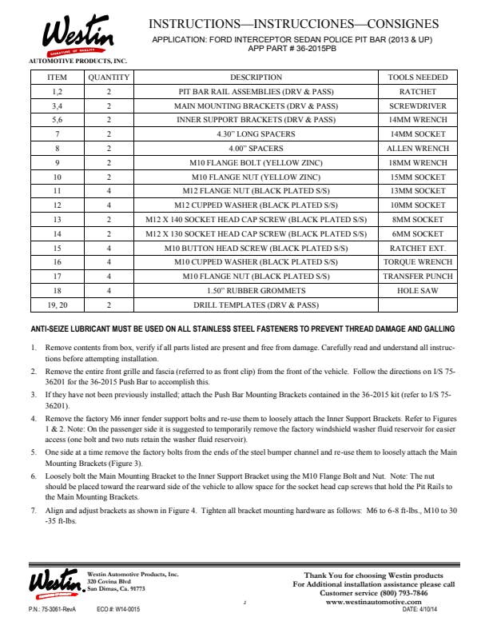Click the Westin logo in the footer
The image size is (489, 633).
click(56, 581)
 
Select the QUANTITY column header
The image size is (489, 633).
click(108, 78)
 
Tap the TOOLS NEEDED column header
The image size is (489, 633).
click(417, 78)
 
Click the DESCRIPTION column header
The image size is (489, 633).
click(256, 78)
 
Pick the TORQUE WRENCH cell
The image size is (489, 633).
click(417, 261)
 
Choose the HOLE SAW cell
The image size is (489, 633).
click(417, 290)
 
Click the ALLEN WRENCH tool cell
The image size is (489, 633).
click(417, 149)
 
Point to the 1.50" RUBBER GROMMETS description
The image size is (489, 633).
click(256, 290)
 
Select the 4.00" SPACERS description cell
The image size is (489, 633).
click(256, 149)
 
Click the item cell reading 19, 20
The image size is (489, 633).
click(58, 305)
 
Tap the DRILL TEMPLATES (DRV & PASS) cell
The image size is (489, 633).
click(256, 305)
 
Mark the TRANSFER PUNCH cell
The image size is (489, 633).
click(417, 276)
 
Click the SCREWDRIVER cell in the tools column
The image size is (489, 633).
click(417, 105)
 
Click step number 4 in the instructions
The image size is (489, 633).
click(34, 418)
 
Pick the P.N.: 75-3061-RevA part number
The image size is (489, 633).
click(53, 610)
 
